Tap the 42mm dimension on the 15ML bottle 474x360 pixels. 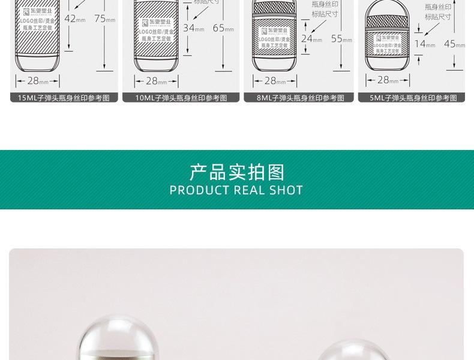tap(74, 19)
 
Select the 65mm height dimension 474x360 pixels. tap(223, 28)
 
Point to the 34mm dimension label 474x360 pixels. tap(193, 28)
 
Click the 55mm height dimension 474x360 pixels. tap(341, 39)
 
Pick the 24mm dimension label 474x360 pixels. tap(311, 39)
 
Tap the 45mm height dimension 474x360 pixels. tap(454, 44)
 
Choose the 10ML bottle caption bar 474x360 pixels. tap(181, 98)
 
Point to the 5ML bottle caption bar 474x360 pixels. tap(411, 98)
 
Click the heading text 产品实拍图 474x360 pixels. tap(236, 172)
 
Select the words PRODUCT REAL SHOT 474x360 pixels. tap(236, 191)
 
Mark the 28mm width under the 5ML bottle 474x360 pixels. tap(391, 80)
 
